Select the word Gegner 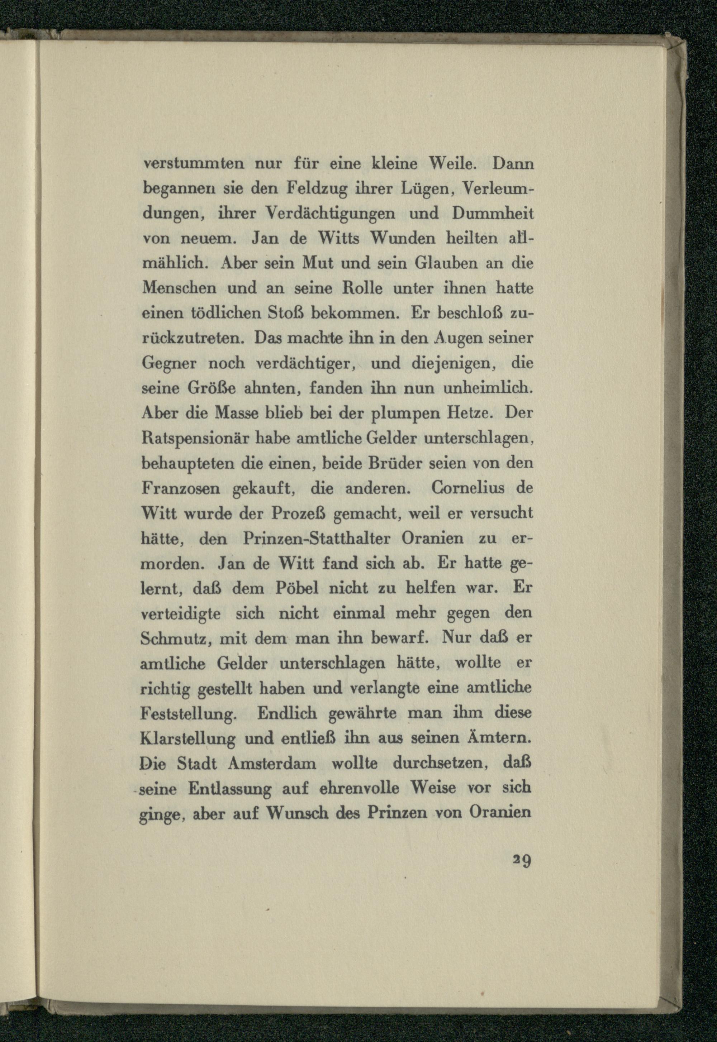[170, 363]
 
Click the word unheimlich [488, 388]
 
